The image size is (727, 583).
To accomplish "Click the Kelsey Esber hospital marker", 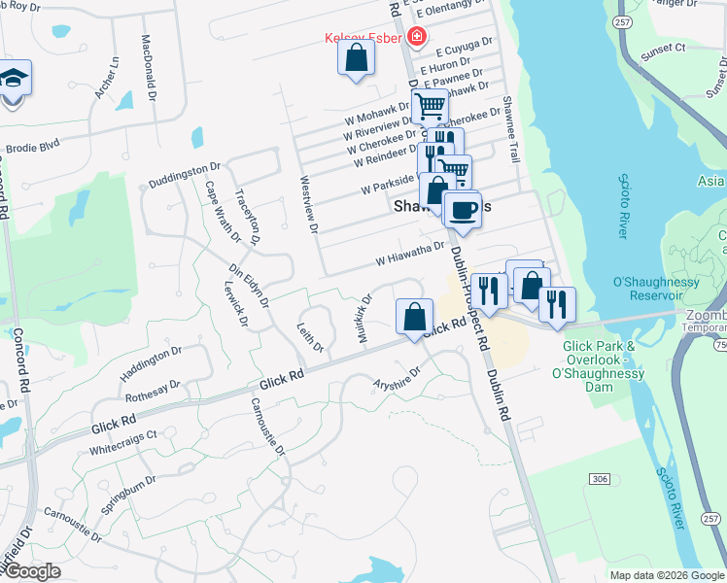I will pyautogui.click(x=417, y=38).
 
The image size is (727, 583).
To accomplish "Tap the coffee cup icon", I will pyautogui.click(x=463, y=209).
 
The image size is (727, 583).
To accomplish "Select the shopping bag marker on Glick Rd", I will pyautogui.click(x=414, y=316).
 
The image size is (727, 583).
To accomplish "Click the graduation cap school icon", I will pyautogui.click(x=14, y=78).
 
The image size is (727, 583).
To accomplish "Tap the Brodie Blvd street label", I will pyautogui.click(x=33, y=147).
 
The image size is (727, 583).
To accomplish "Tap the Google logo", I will pyautogui.click(x=31, y=571).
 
